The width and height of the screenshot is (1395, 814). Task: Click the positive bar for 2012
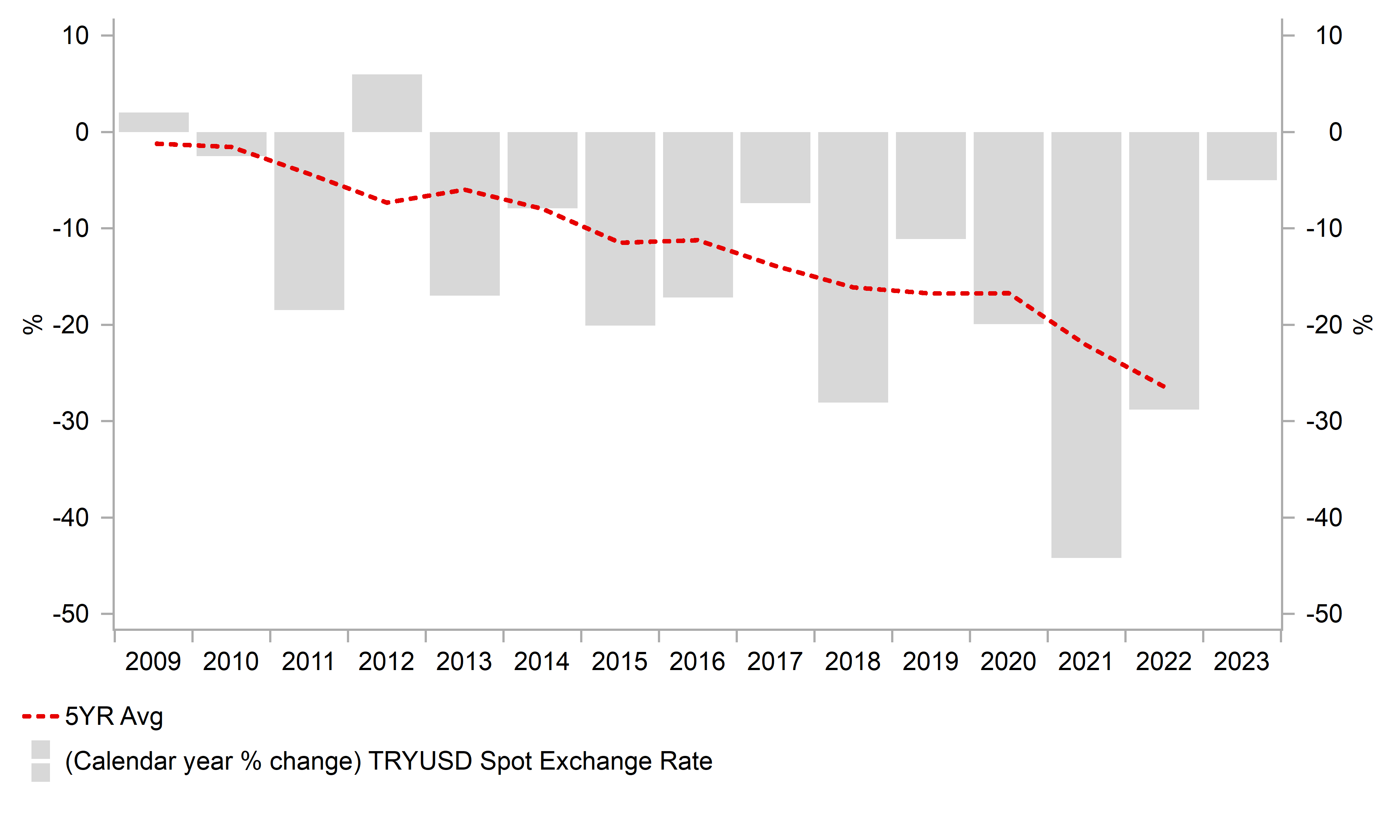click(x=387, y=104)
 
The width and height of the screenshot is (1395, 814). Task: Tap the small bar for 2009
click(x=154, y=122)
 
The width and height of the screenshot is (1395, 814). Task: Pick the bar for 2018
click(x=853, y=267)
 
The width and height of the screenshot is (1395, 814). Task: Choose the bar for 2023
click(x=1242, y=156)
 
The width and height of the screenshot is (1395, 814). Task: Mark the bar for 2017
click(x=775, y=167)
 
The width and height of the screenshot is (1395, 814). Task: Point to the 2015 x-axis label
click(x=619, y=662)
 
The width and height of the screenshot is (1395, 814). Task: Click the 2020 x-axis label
click(x=1008, y=662)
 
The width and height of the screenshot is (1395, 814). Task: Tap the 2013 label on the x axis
click(x=464, y=662)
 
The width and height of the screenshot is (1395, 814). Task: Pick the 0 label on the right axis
click(x=1335, y=132)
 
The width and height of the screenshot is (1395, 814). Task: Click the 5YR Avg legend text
click(x=114, y=717)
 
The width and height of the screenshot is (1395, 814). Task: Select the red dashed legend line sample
click(x=40, y=717)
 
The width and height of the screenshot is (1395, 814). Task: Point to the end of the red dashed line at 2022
click(x=1164, y=387)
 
